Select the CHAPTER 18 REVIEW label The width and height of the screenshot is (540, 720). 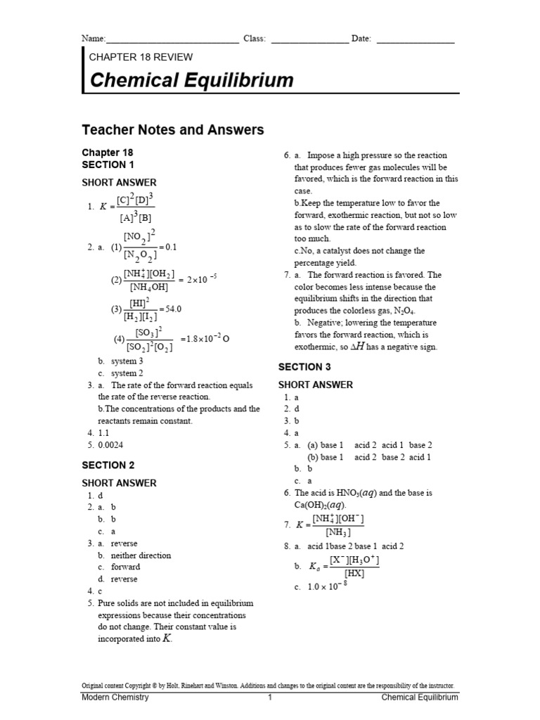coord(141,57)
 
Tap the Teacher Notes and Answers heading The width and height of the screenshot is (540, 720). coord(173,129)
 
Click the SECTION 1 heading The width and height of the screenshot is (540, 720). coord(108,165)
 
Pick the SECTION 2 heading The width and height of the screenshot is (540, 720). coord(108,465)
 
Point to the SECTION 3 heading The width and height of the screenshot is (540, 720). coord(304,366)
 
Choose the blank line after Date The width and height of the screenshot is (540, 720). coord(416,41)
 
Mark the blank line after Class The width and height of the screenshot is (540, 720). coord(309,41)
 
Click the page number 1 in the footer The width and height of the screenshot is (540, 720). coord(269,697)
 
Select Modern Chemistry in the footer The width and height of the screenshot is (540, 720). coord(115,697)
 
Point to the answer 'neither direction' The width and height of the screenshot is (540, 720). coord(141,555)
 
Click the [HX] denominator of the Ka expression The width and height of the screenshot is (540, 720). coord(354,573)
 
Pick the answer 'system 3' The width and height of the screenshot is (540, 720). coord(127,361)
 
